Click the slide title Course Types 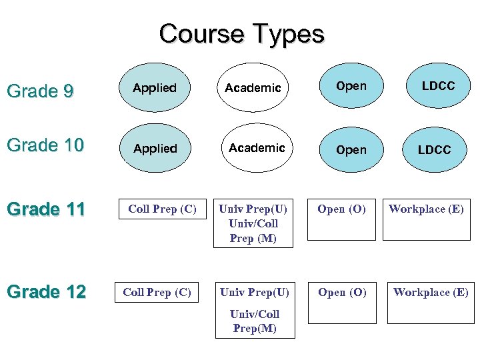[x=241, y=33]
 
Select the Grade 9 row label [x=39, y=91]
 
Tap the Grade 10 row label [x=45, y=145]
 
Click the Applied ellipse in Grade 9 [x=155, y=88]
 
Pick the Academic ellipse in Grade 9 [x=253, y=88]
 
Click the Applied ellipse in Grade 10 [x=155, y=149]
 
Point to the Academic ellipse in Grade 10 [x=257, y=148]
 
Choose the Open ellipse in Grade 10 [x=351, y=150]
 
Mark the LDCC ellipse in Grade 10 [x=434, y=150]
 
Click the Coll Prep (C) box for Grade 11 [x=162, y=209]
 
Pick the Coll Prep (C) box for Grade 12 [x=157, y=292]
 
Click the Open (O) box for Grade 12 [x=342, y=301]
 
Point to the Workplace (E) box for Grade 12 [x=431, y=301]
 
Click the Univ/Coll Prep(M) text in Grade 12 [x=255, y=321]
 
